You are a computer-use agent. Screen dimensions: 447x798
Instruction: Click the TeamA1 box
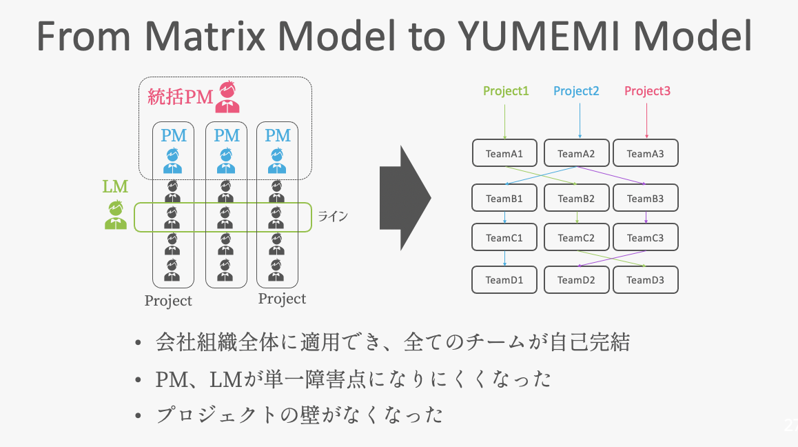(505, 153)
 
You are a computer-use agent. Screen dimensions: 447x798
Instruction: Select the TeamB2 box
(576, 198)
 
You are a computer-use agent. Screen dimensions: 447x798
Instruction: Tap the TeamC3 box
(646, 237)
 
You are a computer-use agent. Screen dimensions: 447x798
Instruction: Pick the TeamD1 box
(505, 279)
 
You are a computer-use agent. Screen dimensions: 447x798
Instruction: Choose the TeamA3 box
(646, 153)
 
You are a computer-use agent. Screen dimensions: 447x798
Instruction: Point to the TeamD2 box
(576, 279)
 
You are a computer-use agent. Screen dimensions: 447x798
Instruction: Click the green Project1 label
(506, 91)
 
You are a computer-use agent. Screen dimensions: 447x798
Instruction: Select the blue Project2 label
(576, 91)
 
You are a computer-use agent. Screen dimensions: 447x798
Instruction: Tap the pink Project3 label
(647, 91)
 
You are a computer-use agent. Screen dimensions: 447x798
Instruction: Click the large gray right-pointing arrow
(405, 197)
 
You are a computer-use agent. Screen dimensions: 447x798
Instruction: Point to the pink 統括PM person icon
(227, 97)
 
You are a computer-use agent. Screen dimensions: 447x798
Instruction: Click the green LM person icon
(116, 215)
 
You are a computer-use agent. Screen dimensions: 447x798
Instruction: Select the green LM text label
(115, 186)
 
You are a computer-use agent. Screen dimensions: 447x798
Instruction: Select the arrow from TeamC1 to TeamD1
(505, 259)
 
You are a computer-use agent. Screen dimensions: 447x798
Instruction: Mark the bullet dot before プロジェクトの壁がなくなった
(140, 415)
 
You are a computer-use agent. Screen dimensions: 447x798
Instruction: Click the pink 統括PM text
(180, 97)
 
